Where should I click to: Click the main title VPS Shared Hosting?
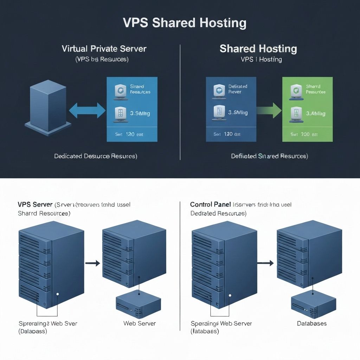[x=185, y=23]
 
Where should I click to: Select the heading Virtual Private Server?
[x=104, y=49]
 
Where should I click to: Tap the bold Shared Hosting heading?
[x=258, y=49]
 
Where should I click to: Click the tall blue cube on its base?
[x=48, y=104]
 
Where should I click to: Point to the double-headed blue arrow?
[x=87, y=111]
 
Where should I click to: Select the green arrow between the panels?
[x=269, y=111]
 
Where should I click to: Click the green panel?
[x=307, y=109]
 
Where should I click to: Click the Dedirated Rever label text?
[x=238, y=89]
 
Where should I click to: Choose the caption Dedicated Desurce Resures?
[x=96, y=156]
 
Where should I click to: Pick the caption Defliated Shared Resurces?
[x=269, y=156]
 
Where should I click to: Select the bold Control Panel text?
[x=210, y=204]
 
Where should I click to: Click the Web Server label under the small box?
[x=140, y=323]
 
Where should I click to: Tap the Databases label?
[x=312, y=323]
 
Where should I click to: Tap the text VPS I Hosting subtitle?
[x=261, y=59]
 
